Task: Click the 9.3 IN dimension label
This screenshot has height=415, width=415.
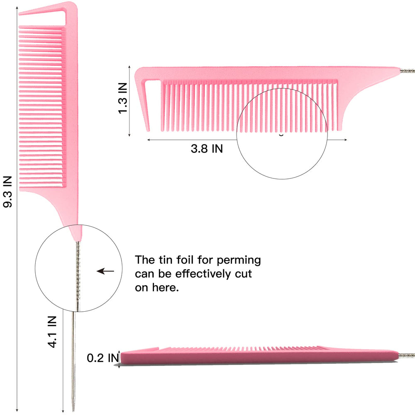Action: pos(7,192)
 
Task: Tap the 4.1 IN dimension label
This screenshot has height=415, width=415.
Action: pos(52,332)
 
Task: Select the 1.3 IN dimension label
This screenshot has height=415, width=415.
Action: pos(122,98)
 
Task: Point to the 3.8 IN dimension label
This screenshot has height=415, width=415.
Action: pos(207,149)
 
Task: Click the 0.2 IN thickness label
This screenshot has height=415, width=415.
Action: pos(103,358)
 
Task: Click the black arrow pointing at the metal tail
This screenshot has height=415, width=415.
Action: pos(105,271)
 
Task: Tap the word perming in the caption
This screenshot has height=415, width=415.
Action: pos(239,261)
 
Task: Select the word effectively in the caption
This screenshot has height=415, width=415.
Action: pos(203,273)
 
